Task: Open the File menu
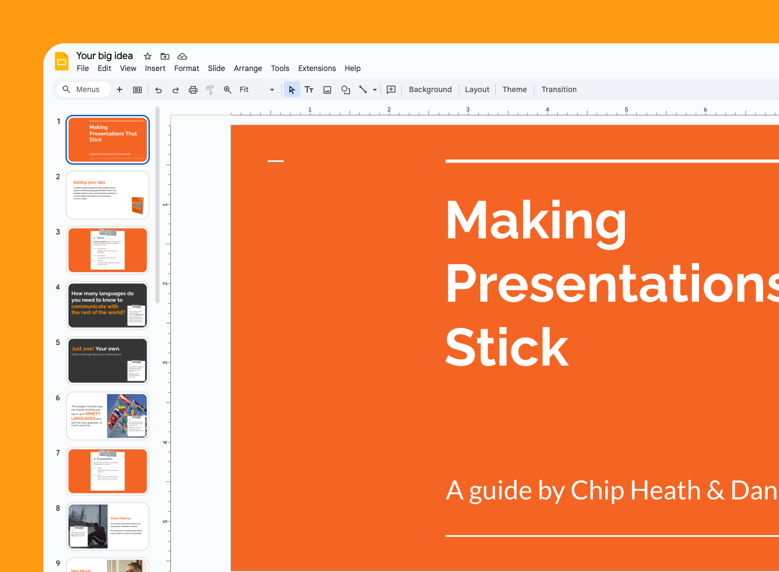83,68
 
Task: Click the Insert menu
155,68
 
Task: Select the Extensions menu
317,68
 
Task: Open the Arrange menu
248,68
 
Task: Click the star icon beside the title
148,56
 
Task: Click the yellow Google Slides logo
62,61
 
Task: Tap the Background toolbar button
430,89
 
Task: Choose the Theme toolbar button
514,89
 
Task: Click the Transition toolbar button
559,89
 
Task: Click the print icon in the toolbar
193,90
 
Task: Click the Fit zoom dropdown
256,89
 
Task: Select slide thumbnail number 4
108,305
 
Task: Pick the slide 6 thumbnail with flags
108,416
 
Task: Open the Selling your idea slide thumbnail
108,195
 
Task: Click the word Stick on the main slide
507,348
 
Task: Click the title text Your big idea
104,56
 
